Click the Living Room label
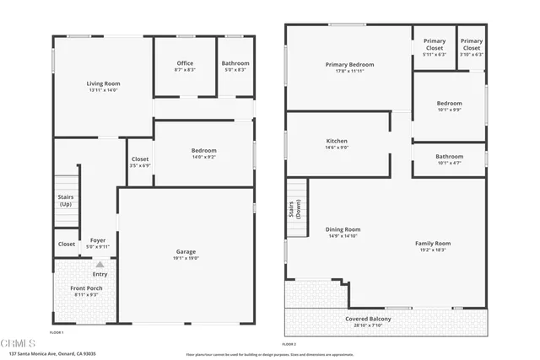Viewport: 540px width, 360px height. tap(103, 83)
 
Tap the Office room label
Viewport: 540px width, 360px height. tap(185, 63)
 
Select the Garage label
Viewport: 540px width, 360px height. tap(186, 251)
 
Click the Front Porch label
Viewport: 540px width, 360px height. tap(86, 288)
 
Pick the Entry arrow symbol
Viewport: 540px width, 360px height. tap(100, 265)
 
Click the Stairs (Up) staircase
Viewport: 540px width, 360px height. tap(65, 201)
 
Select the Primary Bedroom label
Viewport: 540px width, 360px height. tap(349, 64)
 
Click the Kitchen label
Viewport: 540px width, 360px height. tap(337, 141)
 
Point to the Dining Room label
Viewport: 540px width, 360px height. tap(343, 229)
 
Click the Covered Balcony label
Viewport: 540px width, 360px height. tap(368, 319)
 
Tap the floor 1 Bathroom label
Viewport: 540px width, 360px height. tap(235, 63)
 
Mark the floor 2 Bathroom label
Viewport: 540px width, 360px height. tap(449, 156)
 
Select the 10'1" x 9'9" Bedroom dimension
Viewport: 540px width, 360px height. tap(449, 110)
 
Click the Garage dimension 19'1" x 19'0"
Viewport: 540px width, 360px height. tap(186, 258)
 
